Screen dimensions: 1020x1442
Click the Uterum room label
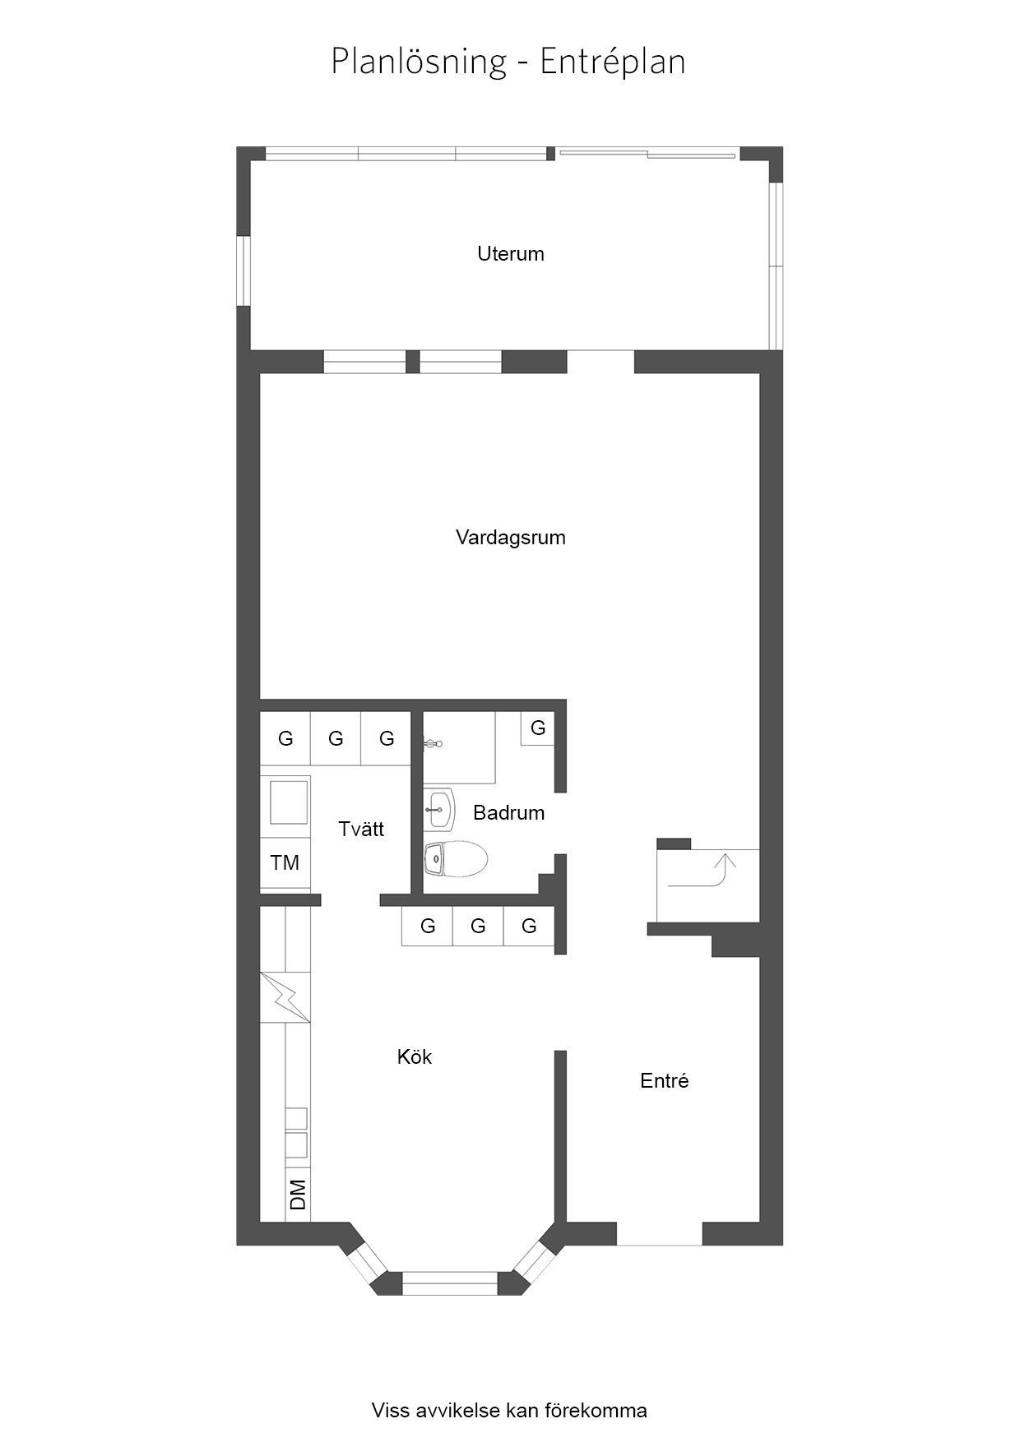(x=511, y=254)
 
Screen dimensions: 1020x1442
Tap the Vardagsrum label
(x=511, y=538)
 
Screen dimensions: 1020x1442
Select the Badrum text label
(x=508, y=813)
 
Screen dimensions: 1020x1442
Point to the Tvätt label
(x=361, y=829)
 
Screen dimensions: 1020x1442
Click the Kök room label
(x=415, y=1056)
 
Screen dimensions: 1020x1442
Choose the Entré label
(x=665, y=1081)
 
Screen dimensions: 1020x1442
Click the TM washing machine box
(x=285, y=863)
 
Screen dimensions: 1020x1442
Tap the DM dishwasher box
(x=298, y=1194)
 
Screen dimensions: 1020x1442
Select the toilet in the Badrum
(x=456, y=859)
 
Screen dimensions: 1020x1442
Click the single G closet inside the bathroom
(x=538, y=728)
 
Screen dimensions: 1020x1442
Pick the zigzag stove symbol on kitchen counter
(x=285, y=997)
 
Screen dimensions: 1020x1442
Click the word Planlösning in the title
(x=419, y=62)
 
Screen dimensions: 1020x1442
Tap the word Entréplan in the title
(x=613, y=62)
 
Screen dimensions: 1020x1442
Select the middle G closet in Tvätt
(x=336, y=739)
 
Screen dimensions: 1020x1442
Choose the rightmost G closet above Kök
(x=529, y=927)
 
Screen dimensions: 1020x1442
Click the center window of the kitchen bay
(x=450, y=1283)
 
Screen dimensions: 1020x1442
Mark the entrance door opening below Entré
(x=660, y=1234)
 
